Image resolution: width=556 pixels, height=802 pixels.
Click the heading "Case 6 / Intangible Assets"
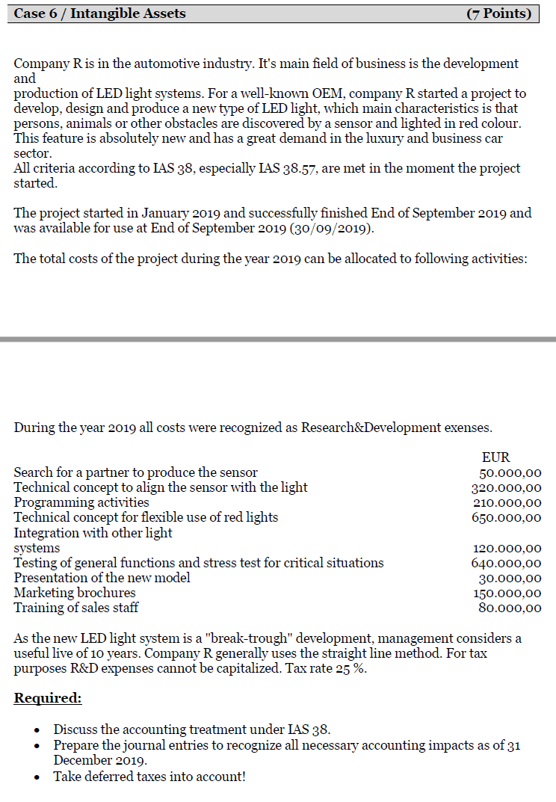[100, 13]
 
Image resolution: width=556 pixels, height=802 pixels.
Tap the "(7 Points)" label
[498, 13]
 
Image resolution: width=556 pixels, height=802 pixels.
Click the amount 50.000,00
[510, 472]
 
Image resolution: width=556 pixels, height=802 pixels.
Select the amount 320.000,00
[507, 487]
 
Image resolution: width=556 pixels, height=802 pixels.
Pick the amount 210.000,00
[507, 502]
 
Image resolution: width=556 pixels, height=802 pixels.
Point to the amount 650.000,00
[507, 517]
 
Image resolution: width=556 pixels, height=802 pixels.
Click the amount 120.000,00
[507, 548]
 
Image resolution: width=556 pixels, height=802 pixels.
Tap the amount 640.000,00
[507, 563]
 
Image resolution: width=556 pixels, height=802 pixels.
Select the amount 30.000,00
[510, 578]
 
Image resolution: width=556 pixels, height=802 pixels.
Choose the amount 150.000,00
[507, 593]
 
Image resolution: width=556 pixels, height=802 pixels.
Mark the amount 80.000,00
[510, 608]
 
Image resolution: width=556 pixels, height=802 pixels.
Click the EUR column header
[496, 457]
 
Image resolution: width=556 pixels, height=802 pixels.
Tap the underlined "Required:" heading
[48, 698]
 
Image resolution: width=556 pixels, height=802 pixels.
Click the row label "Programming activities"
[81, 502]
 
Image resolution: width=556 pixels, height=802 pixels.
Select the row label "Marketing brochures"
[75, 593]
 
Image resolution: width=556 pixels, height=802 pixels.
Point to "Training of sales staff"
[76, 608]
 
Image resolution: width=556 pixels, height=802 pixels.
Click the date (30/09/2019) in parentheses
[330, 228]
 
